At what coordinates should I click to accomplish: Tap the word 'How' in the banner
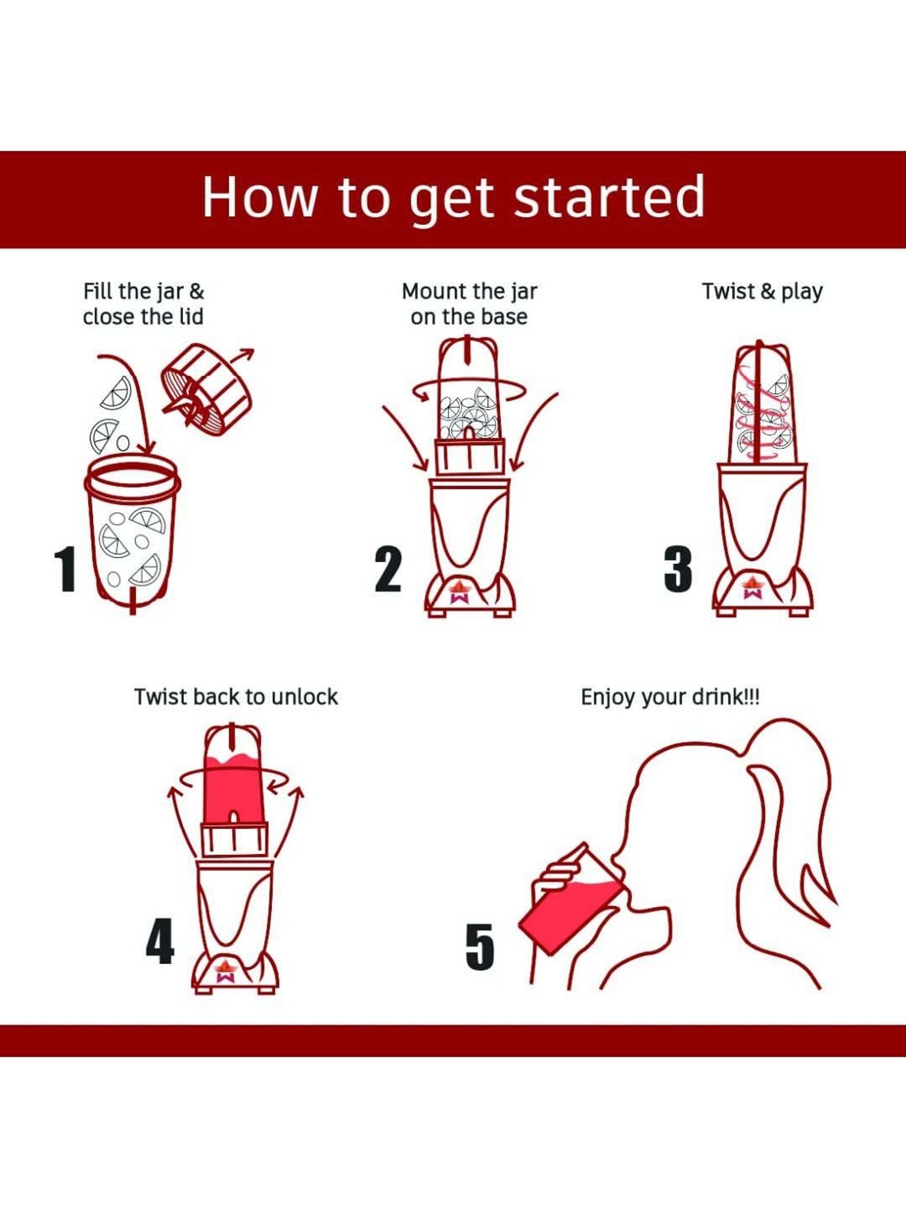click(x=260, y=197)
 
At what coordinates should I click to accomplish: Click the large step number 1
click(x=65, y=570)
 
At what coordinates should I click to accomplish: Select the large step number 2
click(x=388, y=570)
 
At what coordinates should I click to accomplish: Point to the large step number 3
click(x=678, y=570)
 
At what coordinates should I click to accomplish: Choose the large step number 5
click(x=480, y=946)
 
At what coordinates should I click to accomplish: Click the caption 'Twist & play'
click(x=762, y=292)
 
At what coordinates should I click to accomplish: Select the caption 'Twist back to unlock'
click(x=236, y=697)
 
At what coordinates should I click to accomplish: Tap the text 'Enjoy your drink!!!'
click(x=670, y=697)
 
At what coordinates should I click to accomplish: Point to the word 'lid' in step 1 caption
click(x=191, y=316)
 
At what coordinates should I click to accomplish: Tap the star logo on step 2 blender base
click(x=463, y=591)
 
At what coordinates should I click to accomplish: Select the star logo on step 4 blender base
click(x=225, y=970)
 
